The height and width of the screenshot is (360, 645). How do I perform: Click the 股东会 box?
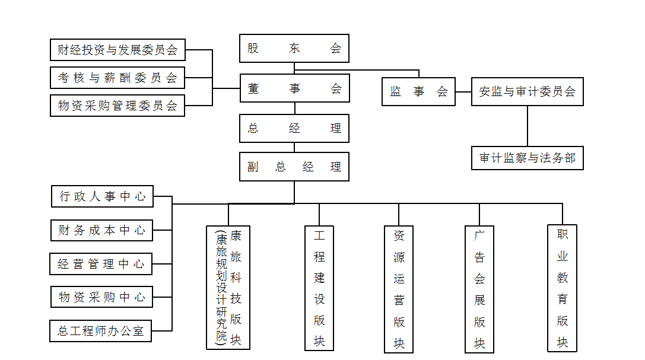(x=294, y=49)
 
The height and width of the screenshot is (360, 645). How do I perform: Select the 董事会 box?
(x=294, y=88)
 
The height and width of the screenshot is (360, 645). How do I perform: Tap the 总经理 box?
(x=294, y=128)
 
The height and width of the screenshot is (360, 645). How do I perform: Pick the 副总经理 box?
(x=294, y=167)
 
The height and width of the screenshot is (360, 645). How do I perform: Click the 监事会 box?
(x=418, y=92)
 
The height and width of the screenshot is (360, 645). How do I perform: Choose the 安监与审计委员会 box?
(x=527, y=92)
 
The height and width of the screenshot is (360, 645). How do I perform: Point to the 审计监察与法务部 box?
(x=527, y=158)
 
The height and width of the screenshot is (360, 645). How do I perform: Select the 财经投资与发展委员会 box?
(x=117, y=50)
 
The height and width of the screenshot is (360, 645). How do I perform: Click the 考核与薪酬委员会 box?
(x=117, y=78)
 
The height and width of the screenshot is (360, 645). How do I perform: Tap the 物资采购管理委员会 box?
(x=117, y=106)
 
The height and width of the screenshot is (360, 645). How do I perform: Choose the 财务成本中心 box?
(x=101, y=230)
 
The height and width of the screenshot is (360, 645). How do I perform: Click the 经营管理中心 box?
(x=101, y=264)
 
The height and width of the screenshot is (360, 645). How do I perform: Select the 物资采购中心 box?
(x=102, y=297)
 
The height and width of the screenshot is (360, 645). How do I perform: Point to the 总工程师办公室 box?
(x=101, y=331)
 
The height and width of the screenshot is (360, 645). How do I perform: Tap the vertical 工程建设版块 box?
(x=319, y=289)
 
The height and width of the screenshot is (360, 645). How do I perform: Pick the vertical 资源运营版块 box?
(x=399, y=289)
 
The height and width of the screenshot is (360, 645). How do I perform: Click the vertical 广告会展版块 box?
(x=479, y=289)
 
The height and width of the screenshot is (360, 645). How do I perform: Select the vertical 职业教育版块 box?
(x=562, y=288)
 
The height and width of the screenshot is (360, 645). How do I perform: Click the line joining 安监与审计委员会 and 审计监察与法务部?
(x=528, y=126)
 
